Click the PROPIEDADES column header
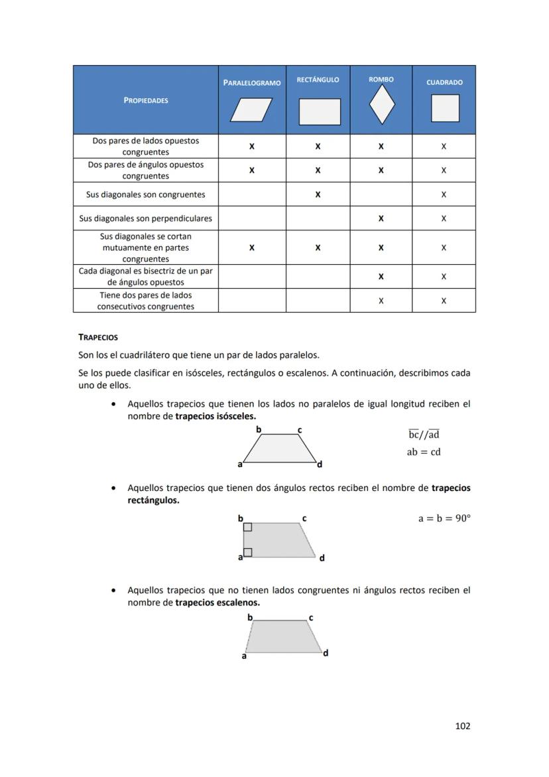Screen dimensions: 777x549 click(x=145, y=100)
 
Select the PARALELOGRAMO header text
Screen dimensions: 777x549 click(x=252, y=83)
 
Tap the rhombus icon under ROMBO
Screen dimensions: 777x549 click(x=381, y=105)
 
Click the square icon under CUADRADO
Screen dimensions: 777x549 click(x=445, y=108)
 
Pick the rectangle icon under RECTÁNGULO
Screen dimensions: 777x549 click(x=320, y=111)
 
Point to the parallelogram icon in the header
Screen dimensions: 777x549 click(x=251, y=110)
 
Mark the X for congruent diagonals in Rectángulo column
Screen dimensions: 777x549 click(x=318, y=194)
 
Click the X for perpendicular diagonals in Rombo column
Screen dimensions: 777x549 click(x=381, y=218)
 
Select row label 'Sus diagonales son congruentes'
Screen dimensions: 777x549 click(x=145, y=194)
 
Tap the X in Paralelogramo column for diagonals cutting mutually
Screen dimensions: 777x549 click(x=251, y=247)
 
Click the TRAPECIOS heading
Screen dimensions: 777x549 click(x=98, y=337)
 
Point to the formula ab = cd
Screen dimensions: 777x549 click(x=424, y=452)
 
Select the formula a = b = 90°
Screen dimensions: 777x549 click(x=444, y=518)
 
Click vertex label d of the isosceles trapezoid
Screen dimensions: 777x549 click(x=320, y=464)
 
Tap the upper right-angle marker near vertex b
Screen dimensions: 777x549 click(x=247, y=527)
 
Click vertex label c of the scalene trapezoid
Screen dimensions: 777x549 click(x=311, y=618)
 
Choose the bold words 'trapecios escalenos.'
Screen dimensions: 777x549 click(x=217, y=603)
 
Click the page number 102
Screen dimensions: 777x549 click(x=462, y=726)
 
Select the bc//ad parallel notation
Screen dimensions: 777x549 click(x=424, y=435)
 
